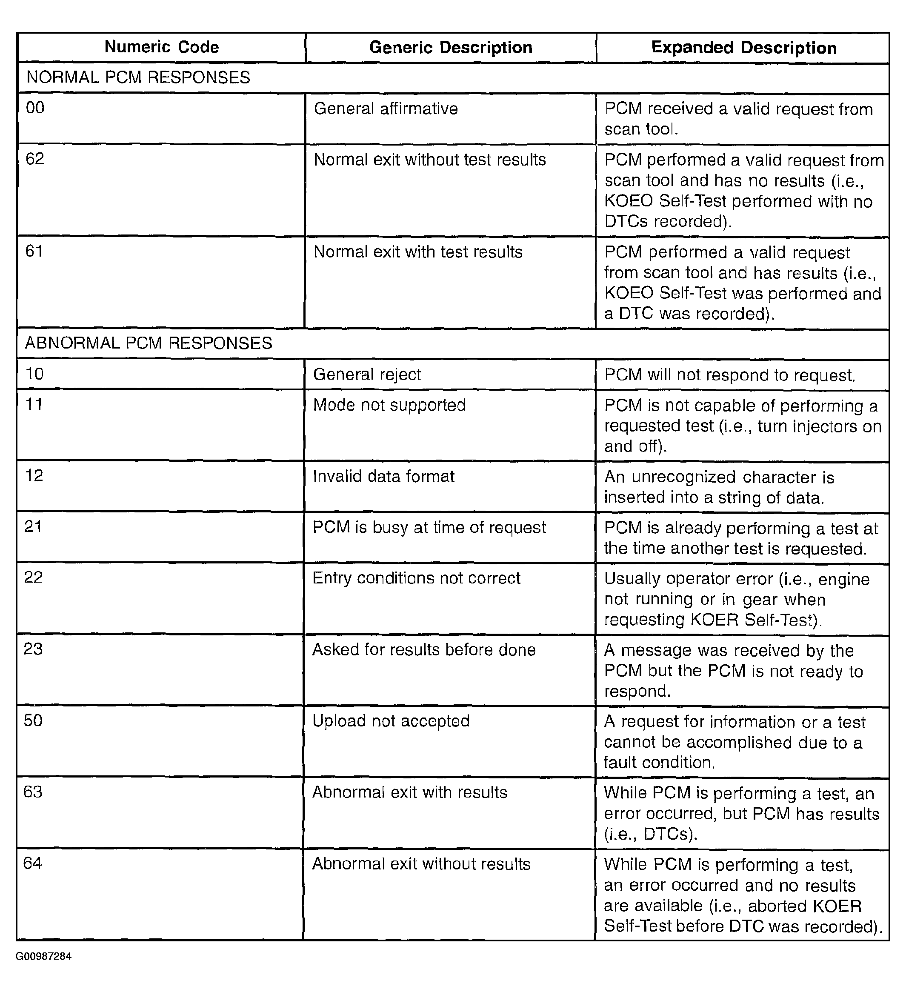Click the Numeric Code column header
161,47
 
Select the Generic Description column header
450,48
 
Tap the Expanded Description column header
743,48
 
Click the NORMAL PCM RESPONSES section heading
138,78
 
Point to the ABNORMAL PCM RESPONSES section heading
149,343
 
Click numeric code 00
35,108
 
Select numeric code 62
35,159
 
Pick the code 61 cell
34,252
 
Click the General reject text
367,375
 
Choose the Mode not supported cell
389,405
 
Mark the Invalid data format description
384,476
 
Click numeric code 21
33,526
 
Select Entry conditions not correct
416,578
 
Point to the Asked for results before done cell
424,650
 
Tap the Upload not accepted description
391,721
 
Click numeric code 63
33,792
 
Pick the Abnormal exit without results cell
421,864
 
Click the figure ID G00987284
43,956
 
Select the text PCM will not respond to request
730,375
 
